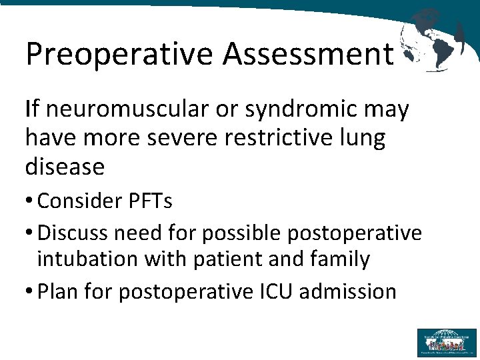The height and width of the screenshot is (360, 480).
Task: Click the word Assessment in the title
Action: (x=308, y=53)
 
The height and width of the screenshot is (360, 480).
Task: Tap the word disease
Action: (x=65, y=167)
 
